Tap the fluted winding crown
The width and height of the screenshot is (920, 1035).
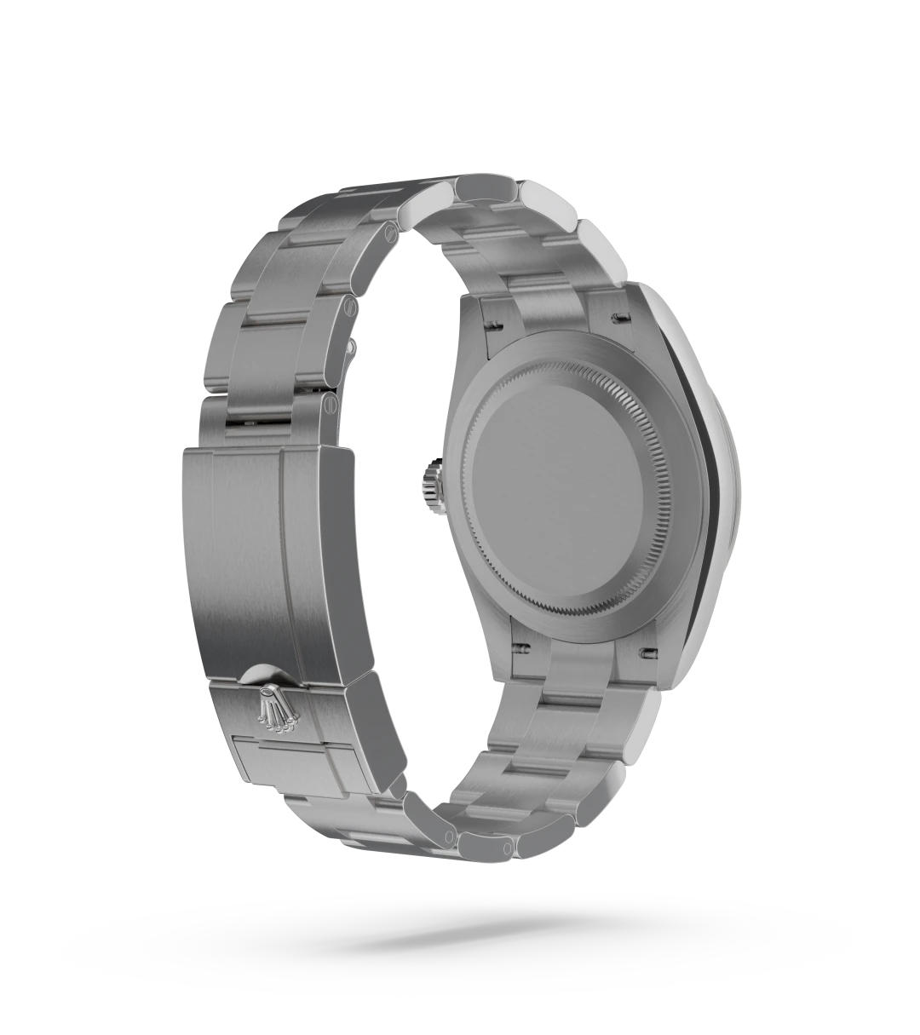click(x=429, y=484)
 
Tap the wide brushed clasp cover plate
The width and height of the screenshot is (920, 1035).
click(x=243, y=554)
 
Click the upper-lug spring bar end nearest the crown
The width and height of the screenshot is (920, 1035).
click(x=492, y=324)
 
